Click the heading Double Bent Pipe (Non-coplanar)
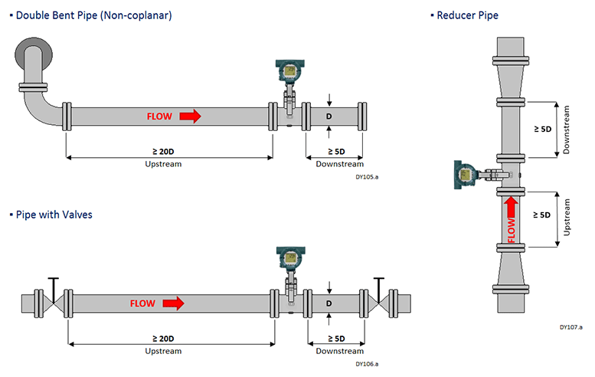click(x=93, y=15)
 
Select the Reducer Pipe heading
click(x=467, y=15)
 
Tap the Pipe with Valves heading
click(x=54, y=215)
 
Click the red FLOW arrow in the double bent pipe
click(x=190, y=116)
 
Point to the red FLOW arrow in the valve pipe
click(x=173, y=303)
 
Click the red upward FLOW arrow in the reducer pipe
click(x=511, y=207)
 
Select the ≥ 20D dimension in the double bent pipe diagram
click(x=163, y=152)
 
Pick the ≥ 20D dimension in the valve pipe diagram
click(x=163, y=339)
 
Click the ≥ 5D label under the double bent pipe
click(x=336, y=152)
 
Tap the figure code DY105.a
click(x=367, y=177)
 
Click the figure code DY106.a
click(x=367, y=364)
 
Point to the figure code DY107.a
click(x=571, y=327)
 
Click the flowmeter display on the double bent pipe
click(x=290, y=70)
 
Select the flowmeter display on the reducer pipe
click(x=465, y=175)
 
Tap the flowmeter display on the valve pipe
click(x=291, y=257)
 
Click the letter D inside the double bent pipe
click(x=329, y=116)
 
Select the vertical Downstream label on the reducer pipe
click(x=566, y=129)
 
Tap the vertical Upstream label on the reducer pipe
click(x=567, y=217)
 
